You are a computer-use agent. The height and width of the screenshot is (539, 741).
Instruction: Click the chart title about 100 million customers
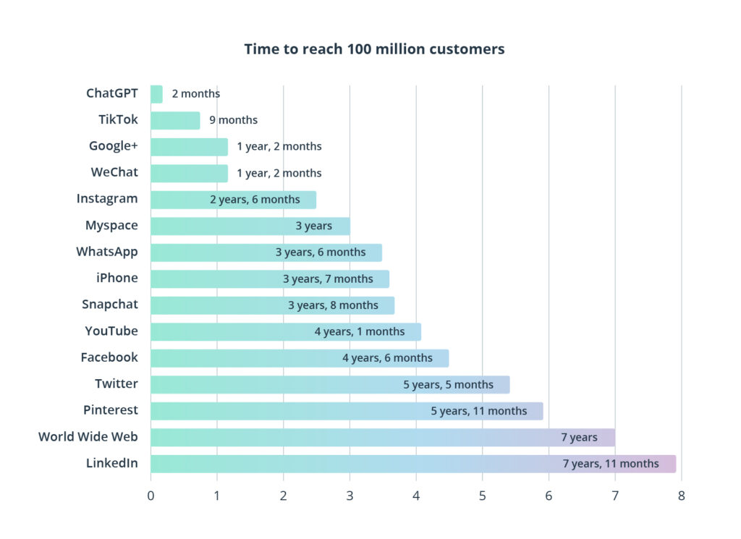374,49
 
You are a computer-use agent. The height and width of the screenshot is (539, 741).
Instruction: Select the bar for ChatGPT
156,94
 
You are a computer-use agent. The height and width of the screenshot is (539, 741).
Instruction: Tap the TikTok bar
175,120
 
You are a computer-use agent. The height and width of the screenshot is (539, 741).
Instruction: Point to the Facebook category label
109,357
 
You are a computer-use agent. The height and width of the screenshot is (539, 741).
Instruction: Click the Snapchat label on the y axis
110,305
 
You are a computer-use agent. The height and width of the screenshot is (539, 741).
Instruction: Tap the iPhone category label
117,278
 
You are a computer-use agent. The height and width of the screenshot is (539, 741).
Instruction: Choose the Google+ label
114,146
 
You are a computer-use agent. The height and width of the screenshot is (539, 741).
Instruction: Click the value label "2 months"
195,94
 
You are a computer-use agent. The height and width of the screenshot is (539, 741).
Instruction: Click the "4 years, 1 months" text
359,331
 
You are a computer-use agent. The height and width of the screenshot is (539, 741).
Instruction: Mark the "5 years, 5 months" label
448,385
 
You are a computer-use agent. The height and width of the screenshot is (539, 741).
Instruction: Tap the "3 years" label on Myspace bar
313,226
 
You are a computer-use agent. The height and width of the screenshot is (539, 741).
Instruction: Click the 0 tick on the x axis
151,496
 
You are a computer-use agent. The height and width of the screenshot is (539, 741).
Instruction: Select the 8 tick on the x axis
681,496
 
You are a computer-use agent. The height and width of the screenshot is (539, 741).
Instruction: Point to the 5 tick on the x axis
482,496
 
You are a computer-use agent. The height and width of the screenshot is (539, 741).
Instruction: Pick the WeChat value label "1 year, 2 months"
279,173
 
